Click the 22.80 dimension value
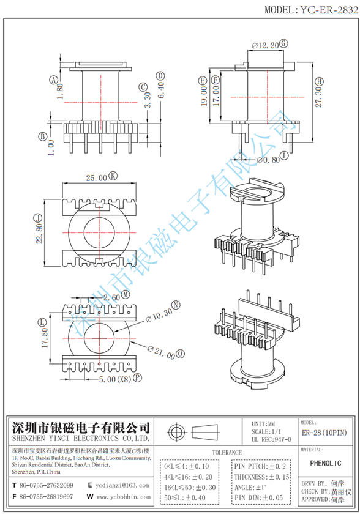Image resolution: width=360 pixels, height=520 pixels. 39,232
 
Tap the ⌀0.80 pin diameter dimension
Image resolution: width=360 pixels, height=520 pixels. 267,160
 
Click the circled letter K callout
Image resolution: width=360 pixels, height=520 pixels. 113,177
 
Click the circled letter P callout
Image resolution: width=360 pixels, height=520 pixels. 137,379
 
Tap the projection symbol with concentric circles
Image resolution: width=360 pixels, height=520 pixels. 177,434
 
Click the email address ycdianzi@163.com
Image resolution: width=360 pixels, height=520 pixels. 122,485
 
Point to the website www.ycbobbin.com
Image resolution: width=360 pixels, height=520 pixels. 123,497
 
